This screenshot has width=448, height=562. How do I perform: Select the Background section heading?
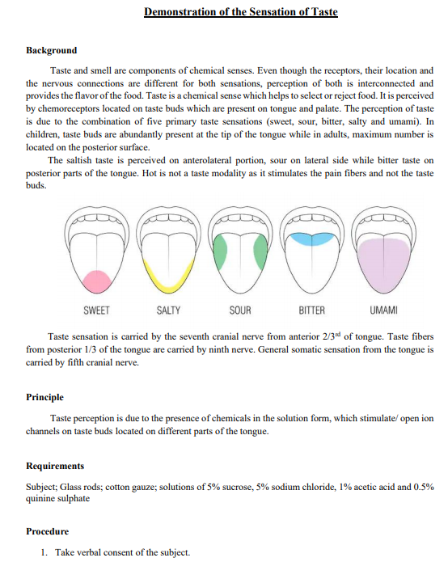pos(51,50)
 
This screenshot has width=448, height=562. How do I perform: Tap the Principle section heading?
pos(44,397)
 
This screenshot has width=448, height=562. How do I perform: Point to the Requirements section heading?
pos(55,466)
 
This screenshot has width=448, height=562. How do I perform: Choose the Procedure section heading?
pos(47,531)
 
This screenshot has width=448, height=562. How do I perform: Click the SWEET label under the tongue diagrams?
pos(97,311)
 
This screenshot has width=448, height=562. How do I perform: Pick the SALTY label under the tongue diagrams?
pos(168,311)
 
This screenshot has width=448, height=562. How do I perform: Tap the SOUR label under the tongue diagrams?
pos(240,311)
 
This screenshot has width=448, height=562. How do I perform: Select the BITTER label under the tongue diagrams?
pos(311,311)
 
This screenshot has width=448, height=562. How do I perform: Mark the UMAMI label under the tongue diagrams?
pos(383,311)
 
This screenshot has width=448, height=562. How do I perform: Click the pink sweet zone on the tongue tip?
pos(97,281)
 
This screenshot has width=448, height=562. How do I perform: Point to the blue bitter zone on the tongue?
pos(311,239)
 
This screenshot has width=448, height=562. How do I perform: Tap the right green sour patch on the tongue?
pos(260,252)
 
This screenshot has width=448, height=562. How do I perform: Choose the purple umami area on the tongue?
pos(383,263)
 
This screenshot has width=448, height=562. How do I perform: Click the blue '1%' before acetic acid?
pos(347,487)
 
